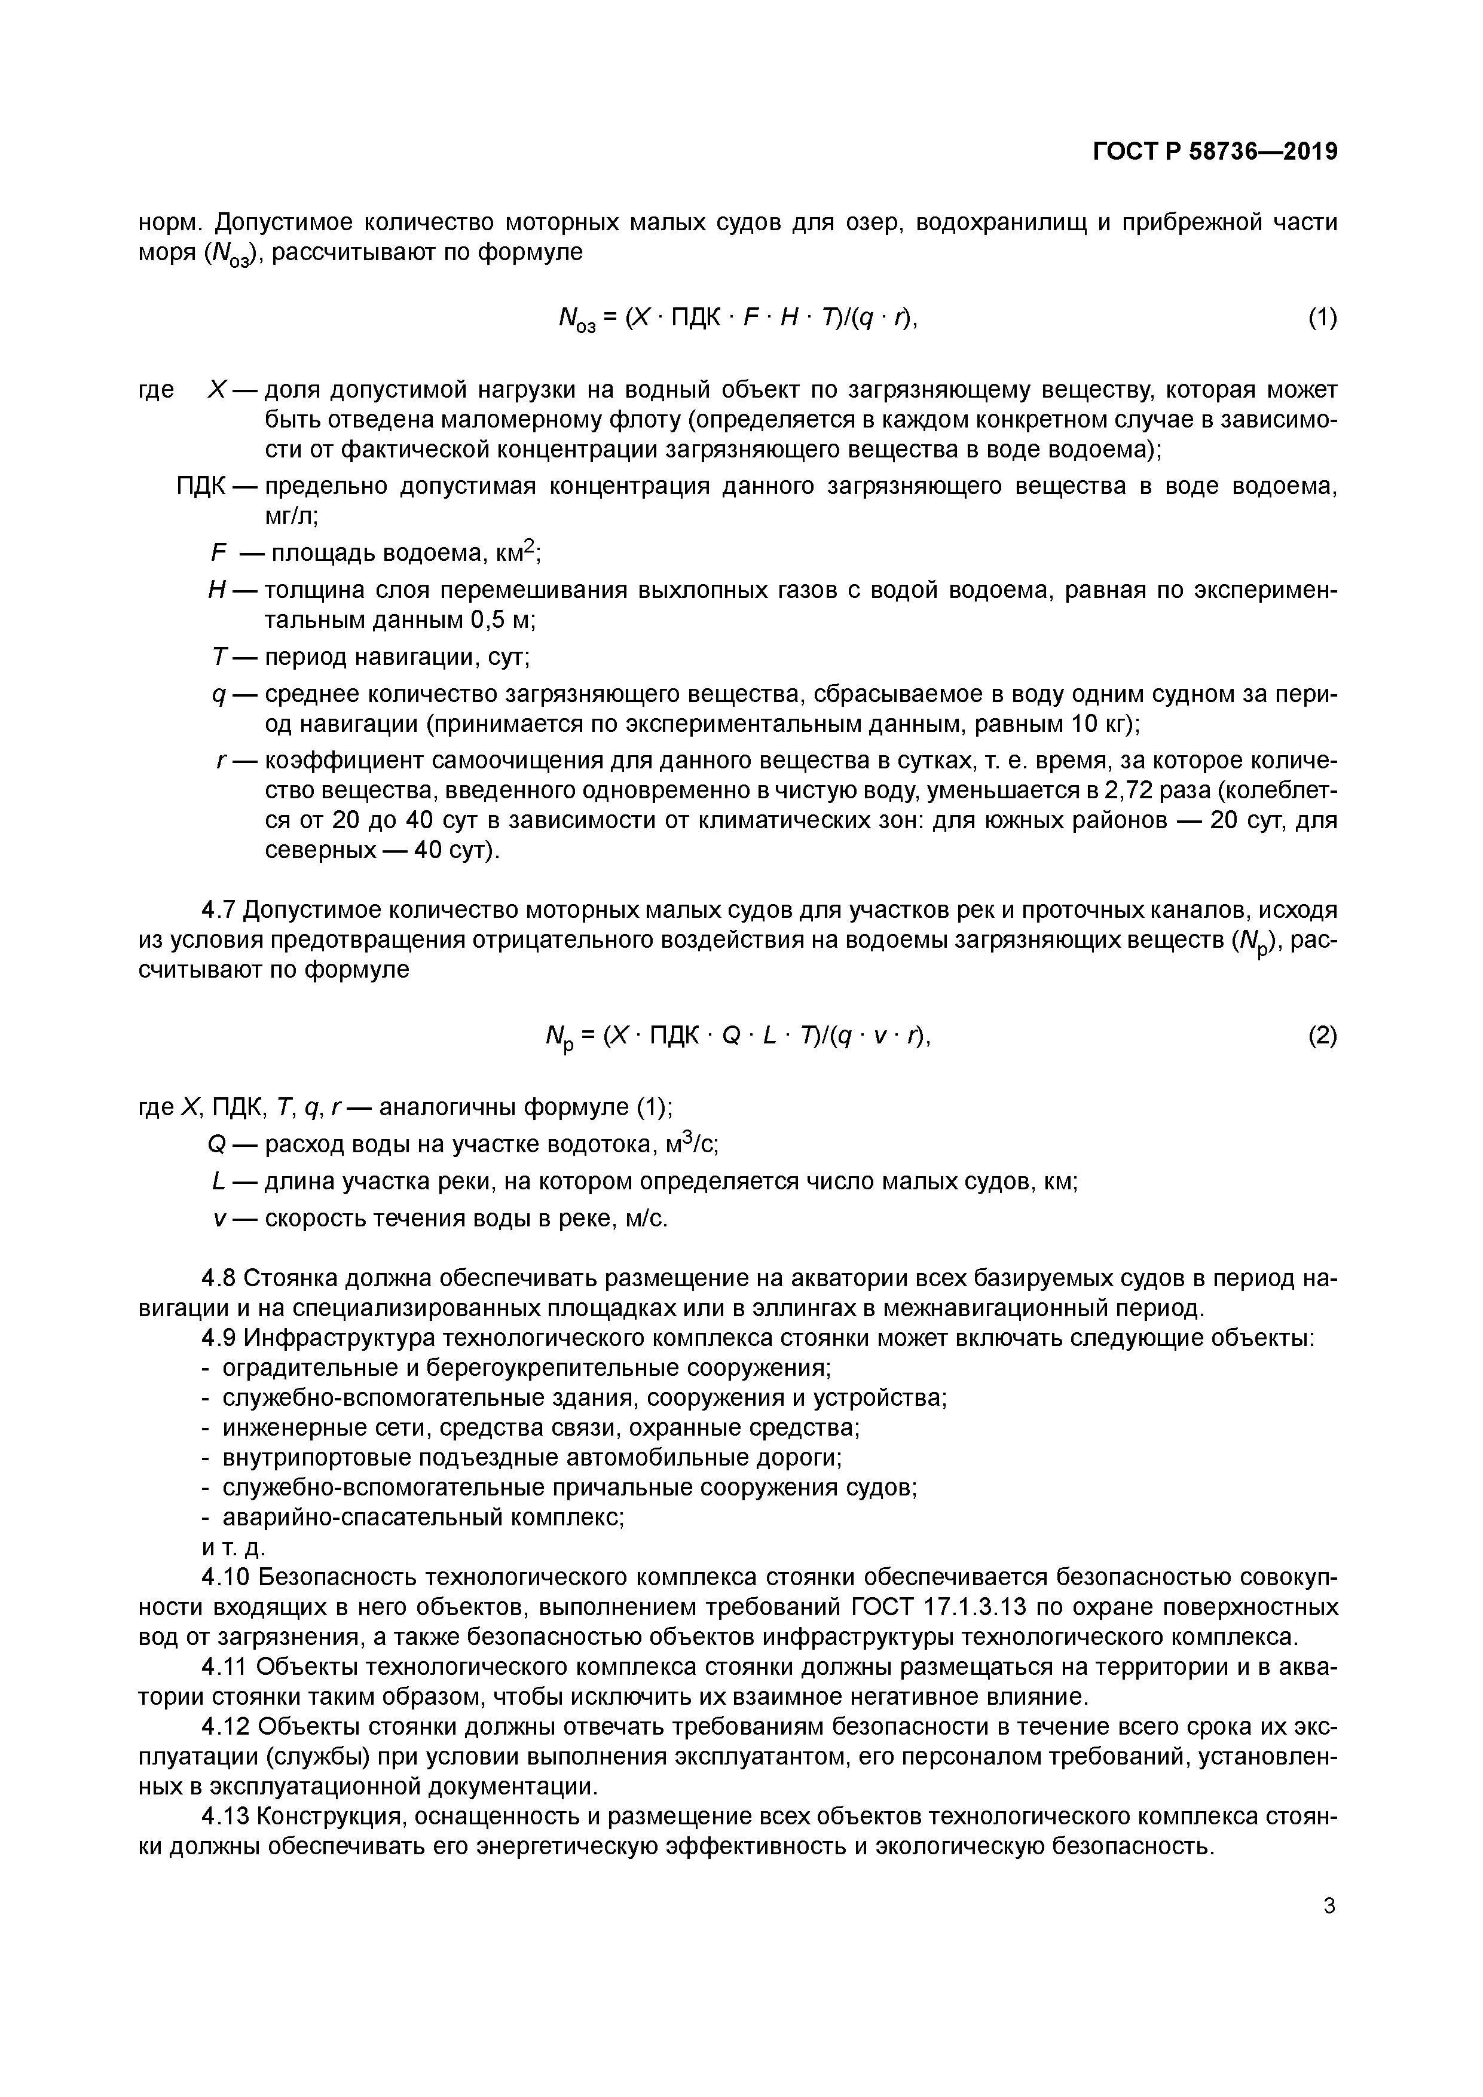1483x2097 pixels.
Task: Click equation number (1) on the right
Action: (x=1322, y=318)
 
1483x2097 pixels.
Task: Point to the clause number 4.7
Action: (x=219, y=911)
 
